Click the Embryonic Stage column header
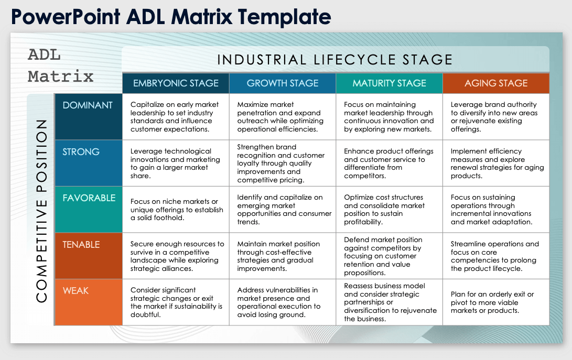176,83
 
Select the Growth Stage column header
283,83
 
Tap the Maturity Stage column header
389,83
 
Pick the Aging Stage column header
496,83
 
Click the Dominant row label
88,105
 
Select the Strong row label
81,152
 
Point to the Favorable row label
89,198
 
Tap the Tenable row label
81,245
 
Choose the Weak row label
76,291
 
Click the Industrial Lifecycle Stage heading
335,60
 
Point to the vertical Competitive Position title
42,210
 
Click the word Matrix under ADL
61,77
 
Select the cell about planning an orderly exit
492,302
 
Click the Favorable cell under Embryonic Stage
177,210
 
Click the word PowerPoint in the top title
66,17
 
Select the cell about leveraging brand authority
493,117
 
